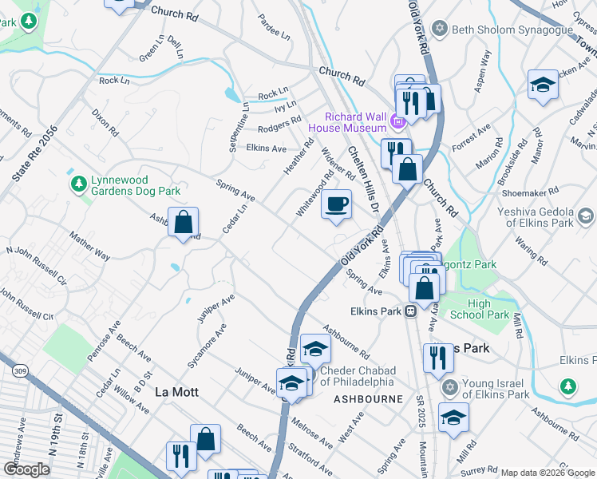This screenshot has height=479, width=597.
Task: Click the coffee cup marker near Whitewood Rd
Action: [336, 205]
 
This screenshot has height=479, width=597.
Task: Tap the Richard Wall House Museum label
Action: [356, 121]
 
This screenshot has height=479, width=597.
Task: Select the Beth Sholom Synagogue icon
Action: [439, 30]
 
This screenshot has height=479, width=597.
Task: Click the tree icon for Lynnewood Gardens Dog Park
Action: [77, 185]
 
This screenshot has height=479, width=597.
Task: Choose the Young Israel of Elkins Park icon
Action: [449, 388]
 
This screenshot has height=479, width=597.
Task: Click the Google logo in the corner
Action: [26, 469]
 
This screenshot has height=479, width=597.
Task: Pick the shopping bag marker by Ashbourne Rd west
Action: [184, 223]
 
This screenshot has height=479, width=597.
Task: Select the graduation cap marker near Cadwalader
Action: [543, 85]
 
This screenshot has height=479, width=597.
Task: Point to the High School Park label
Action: [489, 309]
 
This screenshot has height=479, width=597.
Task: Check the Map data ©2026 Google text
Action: [548, 473]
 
